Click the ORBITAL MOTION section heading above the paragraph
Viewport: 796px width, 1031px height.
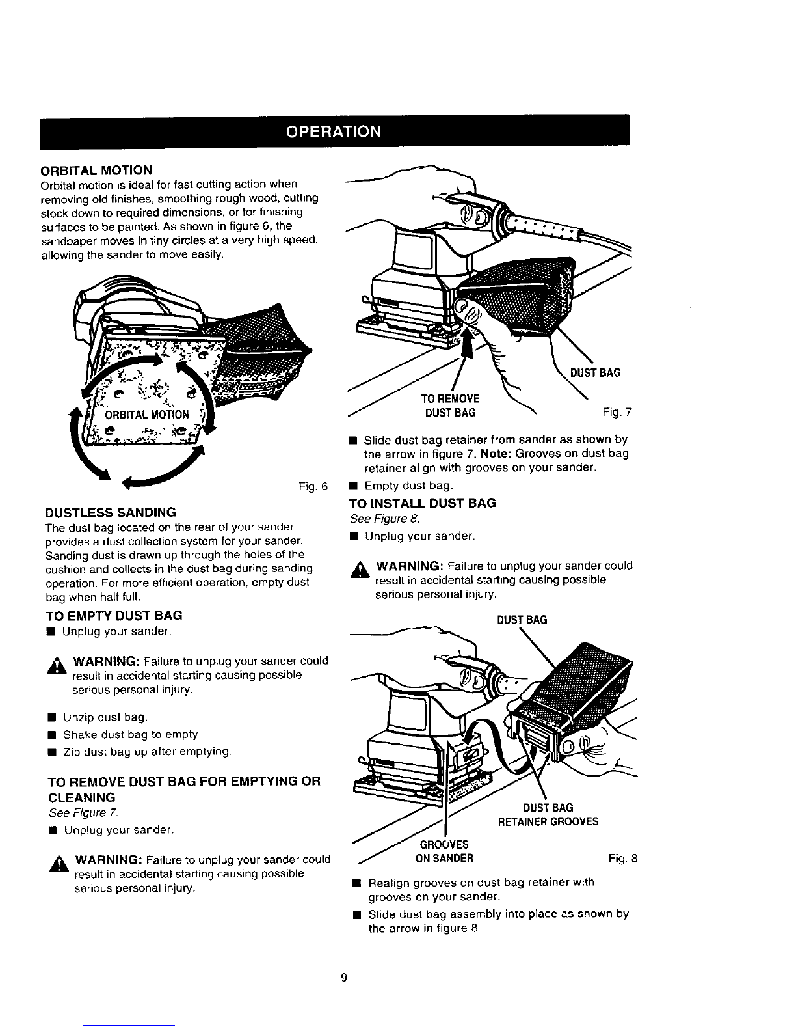(96, 171)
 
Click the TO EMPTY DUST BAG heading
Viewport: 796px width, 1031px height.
(113, 616)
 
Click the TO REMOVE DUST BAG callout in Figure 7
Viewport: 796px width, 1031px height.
(450, 406)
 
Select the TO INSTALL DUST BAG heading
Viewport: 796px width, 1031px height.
(422, 503)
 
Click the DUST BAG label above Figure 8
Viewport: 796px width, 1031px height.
(522, 620)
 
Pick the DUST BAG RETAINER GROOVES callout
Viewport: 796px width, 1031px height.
(548, 815)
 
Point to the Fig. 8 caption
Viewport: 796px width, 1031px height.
(623, 858)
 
